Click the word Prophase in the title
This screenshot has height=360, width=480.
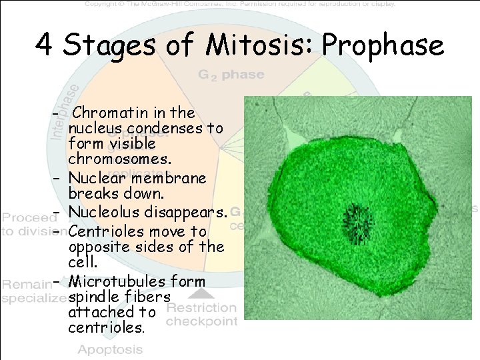(383, 45)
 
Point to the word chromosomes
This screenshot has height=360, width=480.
(119, 160)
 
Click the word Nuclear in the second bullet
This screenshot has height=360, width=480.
(98, 178)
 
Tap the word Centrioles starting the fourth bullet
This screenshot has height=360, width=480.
(105, 231)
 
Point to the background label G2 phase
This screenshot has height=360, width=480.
(231, 75)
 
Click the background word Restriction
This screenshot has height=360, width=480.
(201, 307)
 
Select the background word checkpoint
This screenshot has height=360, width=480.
(201, 321)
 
